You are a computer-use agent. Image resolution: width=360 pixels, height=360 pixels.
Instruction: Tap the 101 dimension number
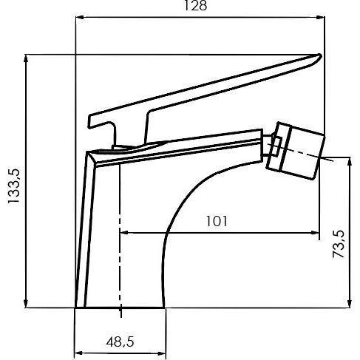coord(217,221)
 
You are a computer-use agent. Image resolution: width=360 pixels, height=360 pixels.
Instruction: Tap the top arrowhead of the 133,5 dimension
coord(27,58)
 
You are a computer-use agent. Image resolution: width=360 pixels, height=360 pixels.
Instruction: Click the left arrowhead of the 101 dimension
coord(123,232)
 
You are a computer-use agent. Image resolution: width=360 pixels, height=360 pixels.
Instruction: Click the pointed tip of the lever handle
coord(319,56)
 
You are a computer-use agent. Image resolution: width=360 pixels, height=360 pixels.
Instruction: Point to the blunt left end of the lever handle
coord(92,120)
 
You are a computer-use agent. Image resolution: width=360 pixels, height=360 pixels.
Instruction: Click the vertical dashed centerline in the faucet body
coord(119,237)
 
